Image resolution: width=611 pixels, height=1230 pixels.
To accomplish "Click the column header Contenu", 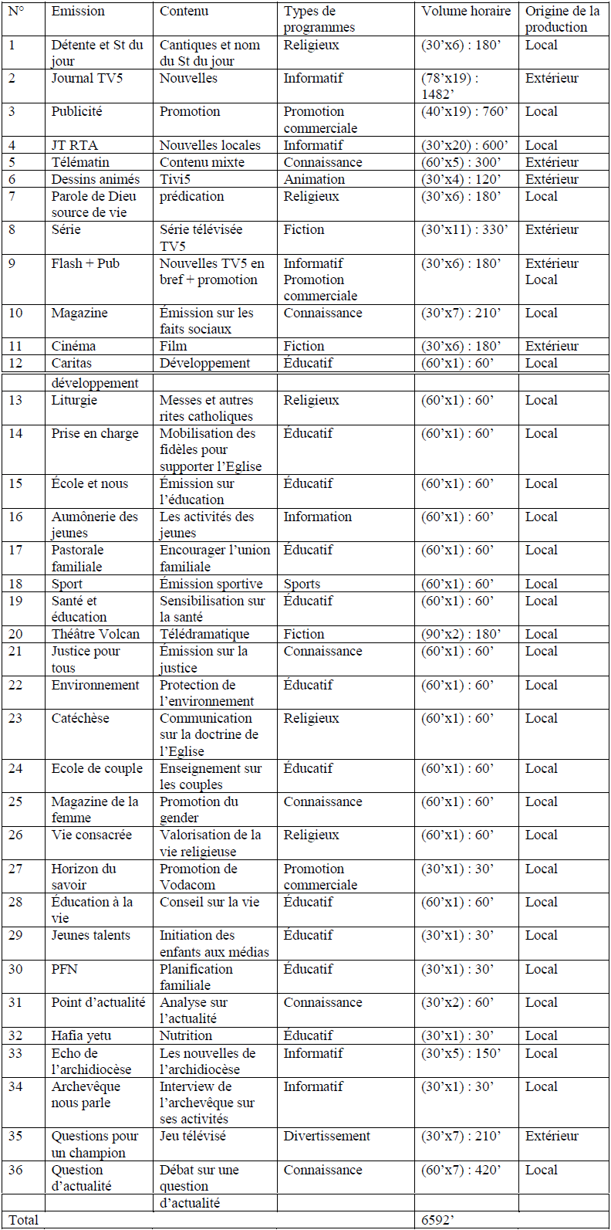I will (184, 12).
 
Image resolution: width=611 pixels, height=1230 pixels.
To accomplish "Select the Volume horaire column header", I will (466, 12).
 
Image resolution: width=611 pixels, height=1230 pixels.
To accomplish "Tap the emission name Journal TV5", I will (86, 79).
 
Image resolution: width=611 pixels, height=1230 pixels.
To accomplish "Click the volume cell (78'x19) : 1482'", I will (451, 86).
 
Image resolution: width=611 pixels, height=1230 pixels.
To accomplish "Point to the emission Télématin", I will (80, 163).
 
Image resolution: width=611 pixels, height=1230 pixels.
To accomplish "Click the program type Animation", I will (314, 180).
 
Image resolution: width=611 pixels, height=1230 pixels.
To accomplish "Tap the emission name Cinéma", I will (73, 347).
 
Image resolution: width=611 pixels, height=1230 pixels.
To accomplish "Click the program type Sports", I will (302, 585).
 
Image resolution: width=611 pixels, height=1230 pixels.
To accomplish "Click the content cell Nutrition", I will (185, 1036).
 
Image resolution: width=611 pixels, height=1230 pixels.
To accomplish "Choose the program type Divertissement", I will (326, 1137).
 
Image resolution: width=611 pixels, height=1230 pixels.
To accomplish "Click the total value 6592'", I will (437, 1221).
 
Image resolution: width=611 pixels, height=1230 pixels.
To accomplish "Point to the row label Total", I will (23, 1221).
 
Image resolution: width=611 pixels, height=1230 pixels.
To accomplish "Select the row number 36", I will (15, 1171).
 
